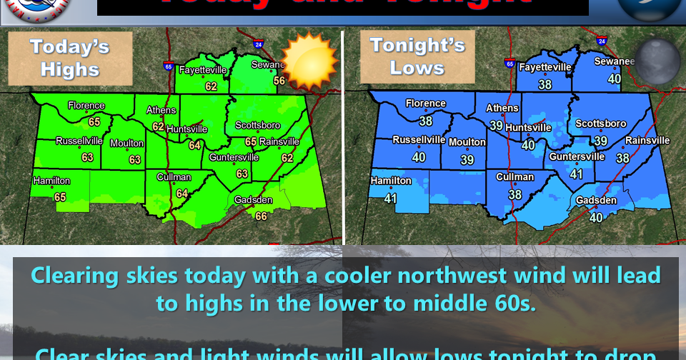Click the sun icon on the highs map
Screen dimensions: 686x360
click(x=309, y=61)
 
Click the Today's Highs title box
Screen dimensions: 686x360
click(x=69, y=58)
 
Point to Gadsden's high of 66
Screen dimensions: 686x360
click(x=262, y=216)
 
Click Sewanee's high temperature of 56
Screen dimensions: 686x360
click(x=279, y=81)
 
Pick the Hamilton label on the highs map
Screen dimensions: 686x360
click(x=51, y=181)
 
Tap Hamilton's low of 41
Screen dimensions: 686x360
click(x=390, y=199)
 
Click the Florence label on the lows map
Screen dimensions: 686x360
click(x=426, y=104)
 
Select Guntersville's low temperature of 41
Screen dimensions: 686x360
click(x=577, y=174)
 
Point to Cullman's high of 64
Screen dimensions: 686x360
click(x=182, y=193)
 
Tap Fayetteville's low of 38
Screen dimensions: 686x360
click(x=545, y=84)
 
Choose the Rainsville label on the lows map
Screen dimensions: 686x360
click(x=647, y=141)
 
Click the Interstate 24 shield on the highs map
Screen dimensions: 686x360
click(x=258, y=44)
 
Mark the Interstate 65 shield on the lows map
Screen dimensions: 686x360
click(x=509, y=63)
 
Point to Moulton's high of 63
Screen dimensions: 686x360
click(x=134, y=159)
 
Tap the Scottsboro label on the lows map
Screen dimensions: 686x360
click(x=600, y=124)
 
